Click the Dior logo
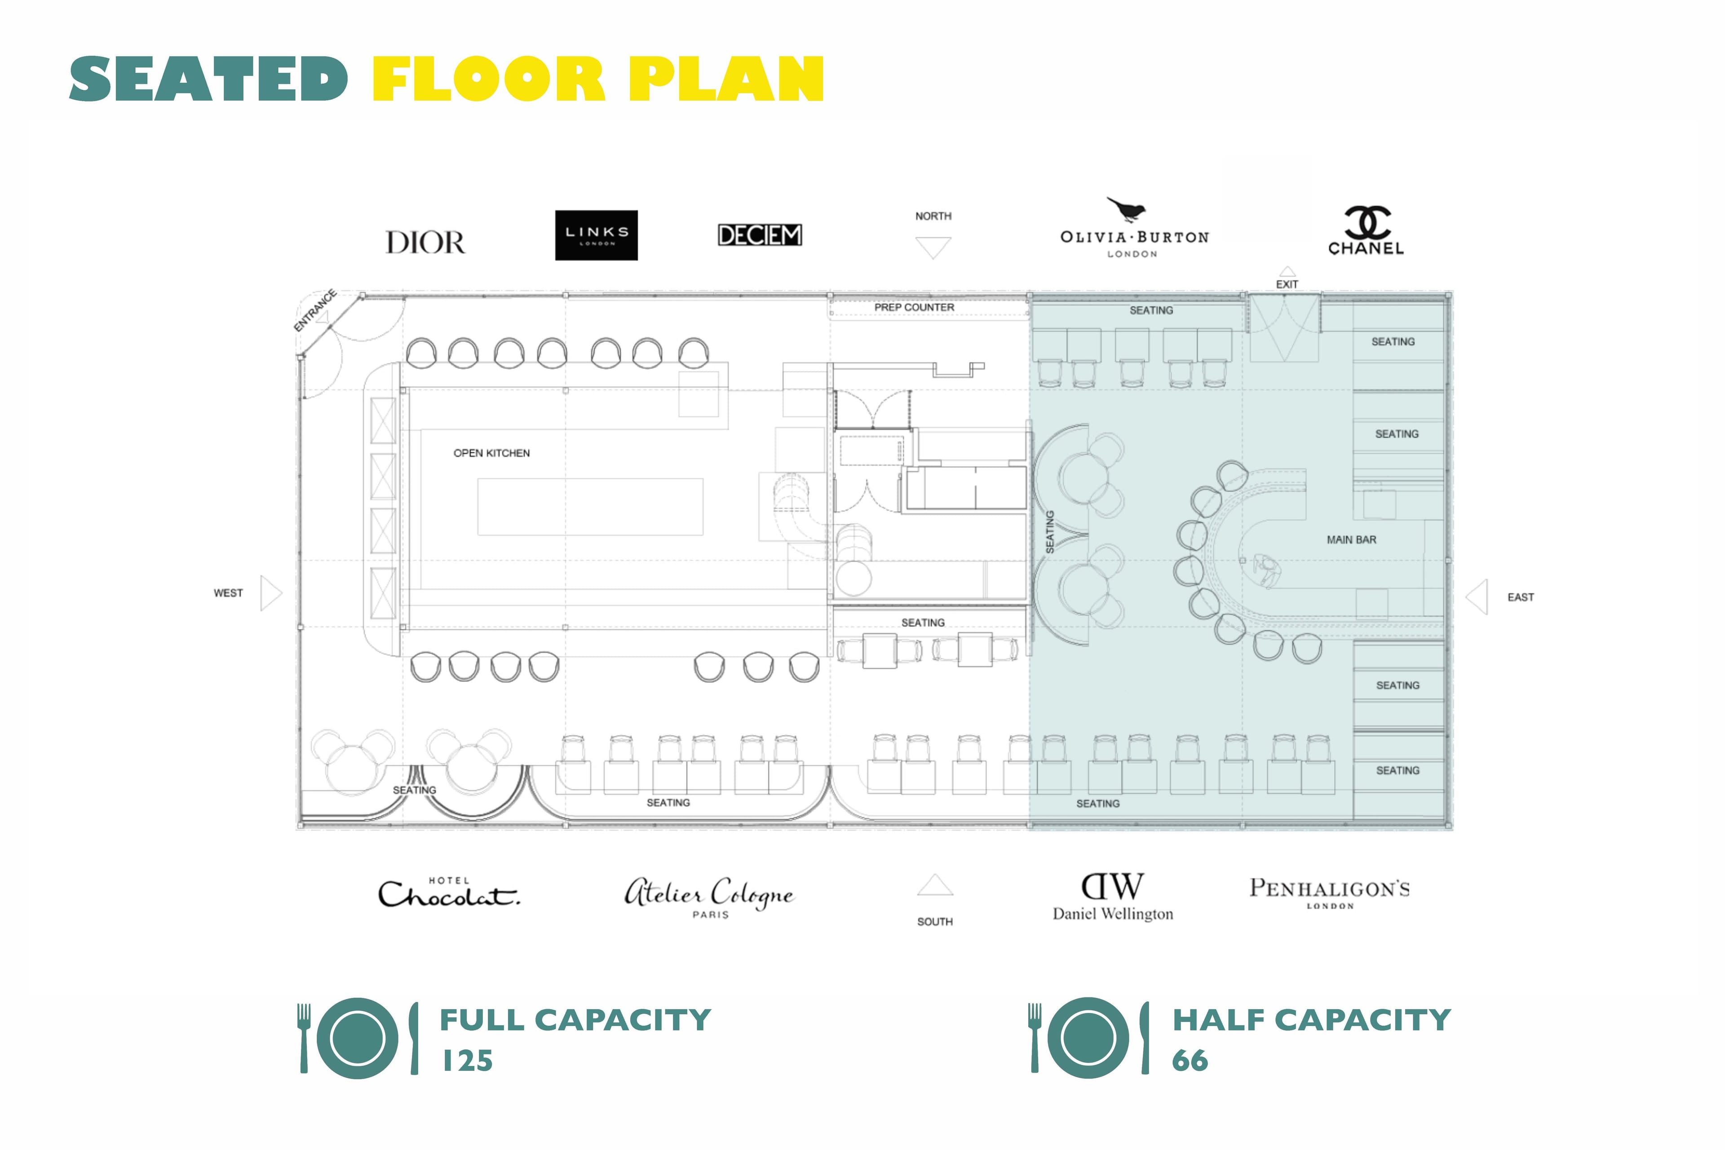coord(425,243)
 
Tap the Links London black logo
coord(596,235)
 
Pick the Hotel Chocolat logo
coord(449,893)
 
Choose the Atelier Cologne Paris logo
coord(709,896)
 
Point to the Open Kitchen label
coord(491,453)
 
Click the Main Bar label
coord(1351,540)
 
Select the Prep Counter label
coord(914,307)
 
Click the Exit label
coord(1287,284)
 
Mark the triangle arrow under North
coord(933,247)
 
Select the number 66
coord(1190,1061)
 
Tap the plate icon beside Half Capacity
coord(1088,1038)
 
